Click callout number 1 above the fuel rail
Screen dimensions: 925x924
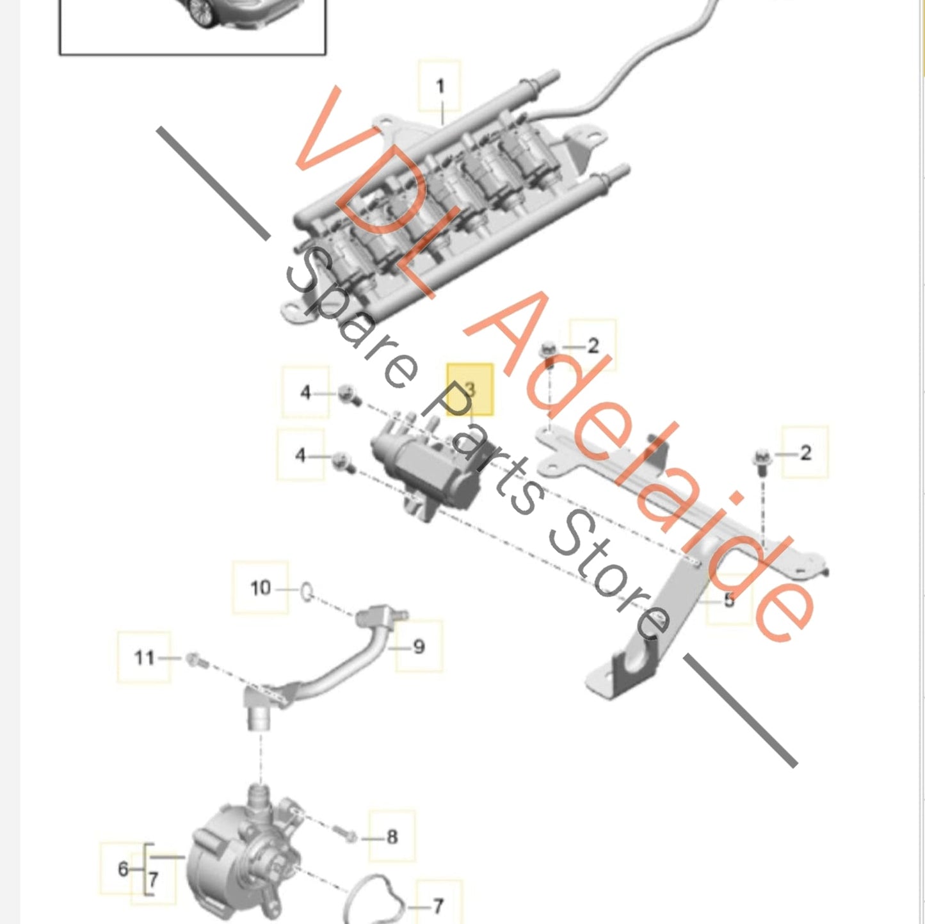pos(440,87)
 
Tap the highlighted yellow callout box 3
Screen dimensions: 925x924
pos(470,389)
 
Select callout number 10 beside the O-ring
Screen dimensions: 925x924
pos(261,588)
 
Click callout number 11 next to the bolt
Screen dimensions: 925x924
pos(144,658)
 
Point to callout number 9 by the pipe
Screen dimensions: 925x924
pos(419,647)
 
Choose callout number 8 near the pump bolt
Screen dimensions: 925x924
pos(392,837)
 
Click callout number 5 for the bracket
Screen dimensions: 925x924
pos(728,599)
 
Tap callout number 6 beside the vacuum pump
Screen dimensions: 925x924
pos(123,868)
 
